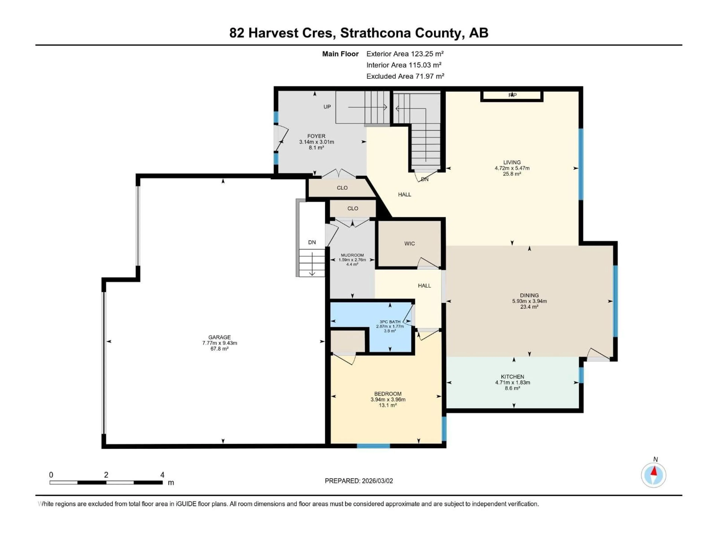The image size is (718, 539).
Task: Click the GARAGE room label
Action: tap(220, 337)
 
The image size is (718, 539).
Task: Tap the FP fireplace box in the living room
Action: tap(512, 95)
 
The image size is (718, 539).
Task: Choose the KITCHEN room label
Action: tap(512, 377)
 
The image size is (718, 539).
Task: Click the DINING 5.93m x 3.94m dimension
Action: tap(529, 301)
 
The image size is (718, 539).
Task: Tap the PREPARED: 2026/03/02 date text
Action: tap(359, 481)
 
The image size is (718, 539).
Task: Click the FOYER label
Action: tap(316, 136)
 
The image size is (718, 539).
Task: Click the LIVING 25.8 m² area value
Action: tap(512, 174)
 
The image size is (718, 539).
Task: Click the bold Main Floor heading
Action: tap(340, 54)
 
